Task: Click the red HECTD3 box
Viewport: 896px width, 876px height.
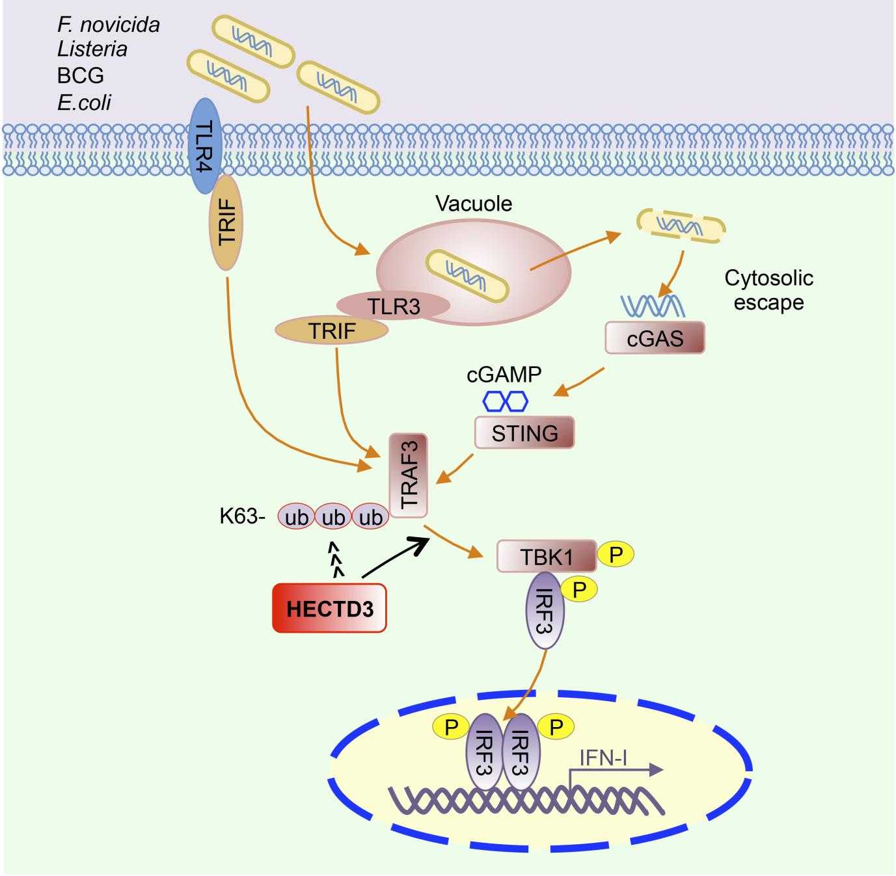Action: (329, 608)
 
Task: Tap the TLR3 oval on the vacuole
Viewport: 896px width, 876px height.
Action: (393, 306)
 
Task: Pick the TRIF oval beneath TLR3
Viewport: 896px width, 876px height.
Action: (332, 331)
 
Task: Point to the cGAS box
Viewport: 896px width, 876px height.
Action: (655, 338)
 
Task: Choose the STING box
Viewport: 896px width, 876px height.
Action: (524, 432)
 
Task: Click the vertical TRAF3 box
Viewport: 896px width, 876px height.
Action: (408, 475)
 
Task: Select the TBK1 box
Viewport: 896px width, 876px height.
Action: (546, 555)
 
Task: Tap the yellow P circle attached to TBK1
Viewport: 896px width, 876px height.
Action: (615, 554)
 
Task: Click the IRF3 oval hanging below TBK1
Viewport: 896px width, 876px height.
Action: (545, 611)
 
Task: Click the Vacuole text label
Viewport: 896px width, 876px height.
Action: (474, 204)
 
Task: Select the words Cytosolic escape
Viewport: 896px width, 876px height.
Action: (768, 290)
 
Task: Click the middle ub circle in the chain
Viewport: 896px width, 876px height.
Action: (333, 517)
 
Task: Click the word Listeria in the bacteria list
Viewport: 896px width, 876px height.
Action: (92, 49)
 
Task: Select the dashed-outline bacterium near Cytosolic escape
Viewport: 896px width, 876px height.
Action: (681, 226)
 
